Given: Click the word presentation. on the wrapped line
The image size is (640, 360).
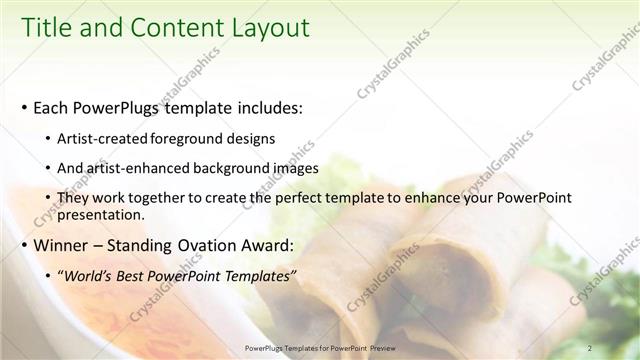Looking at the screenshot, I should (101, 214).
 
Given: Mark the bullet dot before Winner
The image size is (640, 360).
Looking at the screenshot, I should (23, 245).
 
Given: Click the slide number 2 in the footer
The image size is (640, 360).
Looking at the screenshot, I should (590, 347).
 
